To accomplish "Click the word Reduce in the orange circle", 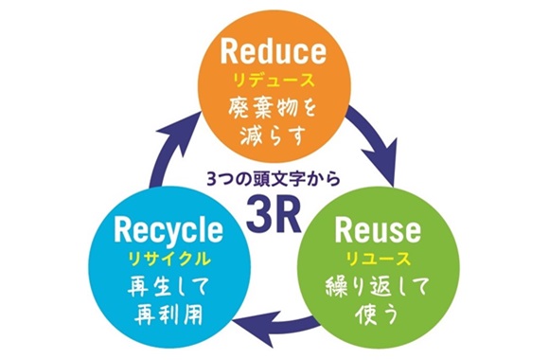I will click(x=274, y=49).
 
